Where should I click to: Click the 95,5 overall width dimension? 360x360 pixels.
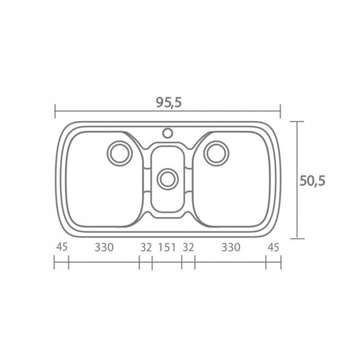169,102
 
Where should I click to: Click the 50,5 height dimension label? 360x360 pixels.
312,181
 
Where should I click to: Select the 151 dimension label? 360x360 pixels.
167,247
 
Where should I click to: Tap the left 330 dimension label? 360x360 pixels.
104,247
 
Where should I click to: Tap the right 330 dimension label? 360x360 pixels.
231,247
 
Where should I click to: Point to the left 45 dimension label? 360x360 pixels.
62,247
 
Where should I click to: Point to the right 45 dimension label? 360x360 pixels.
274,247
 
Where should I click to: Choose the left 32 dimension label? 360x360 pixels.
146,247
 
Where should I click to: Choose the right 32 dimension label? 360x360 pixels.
188,247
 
